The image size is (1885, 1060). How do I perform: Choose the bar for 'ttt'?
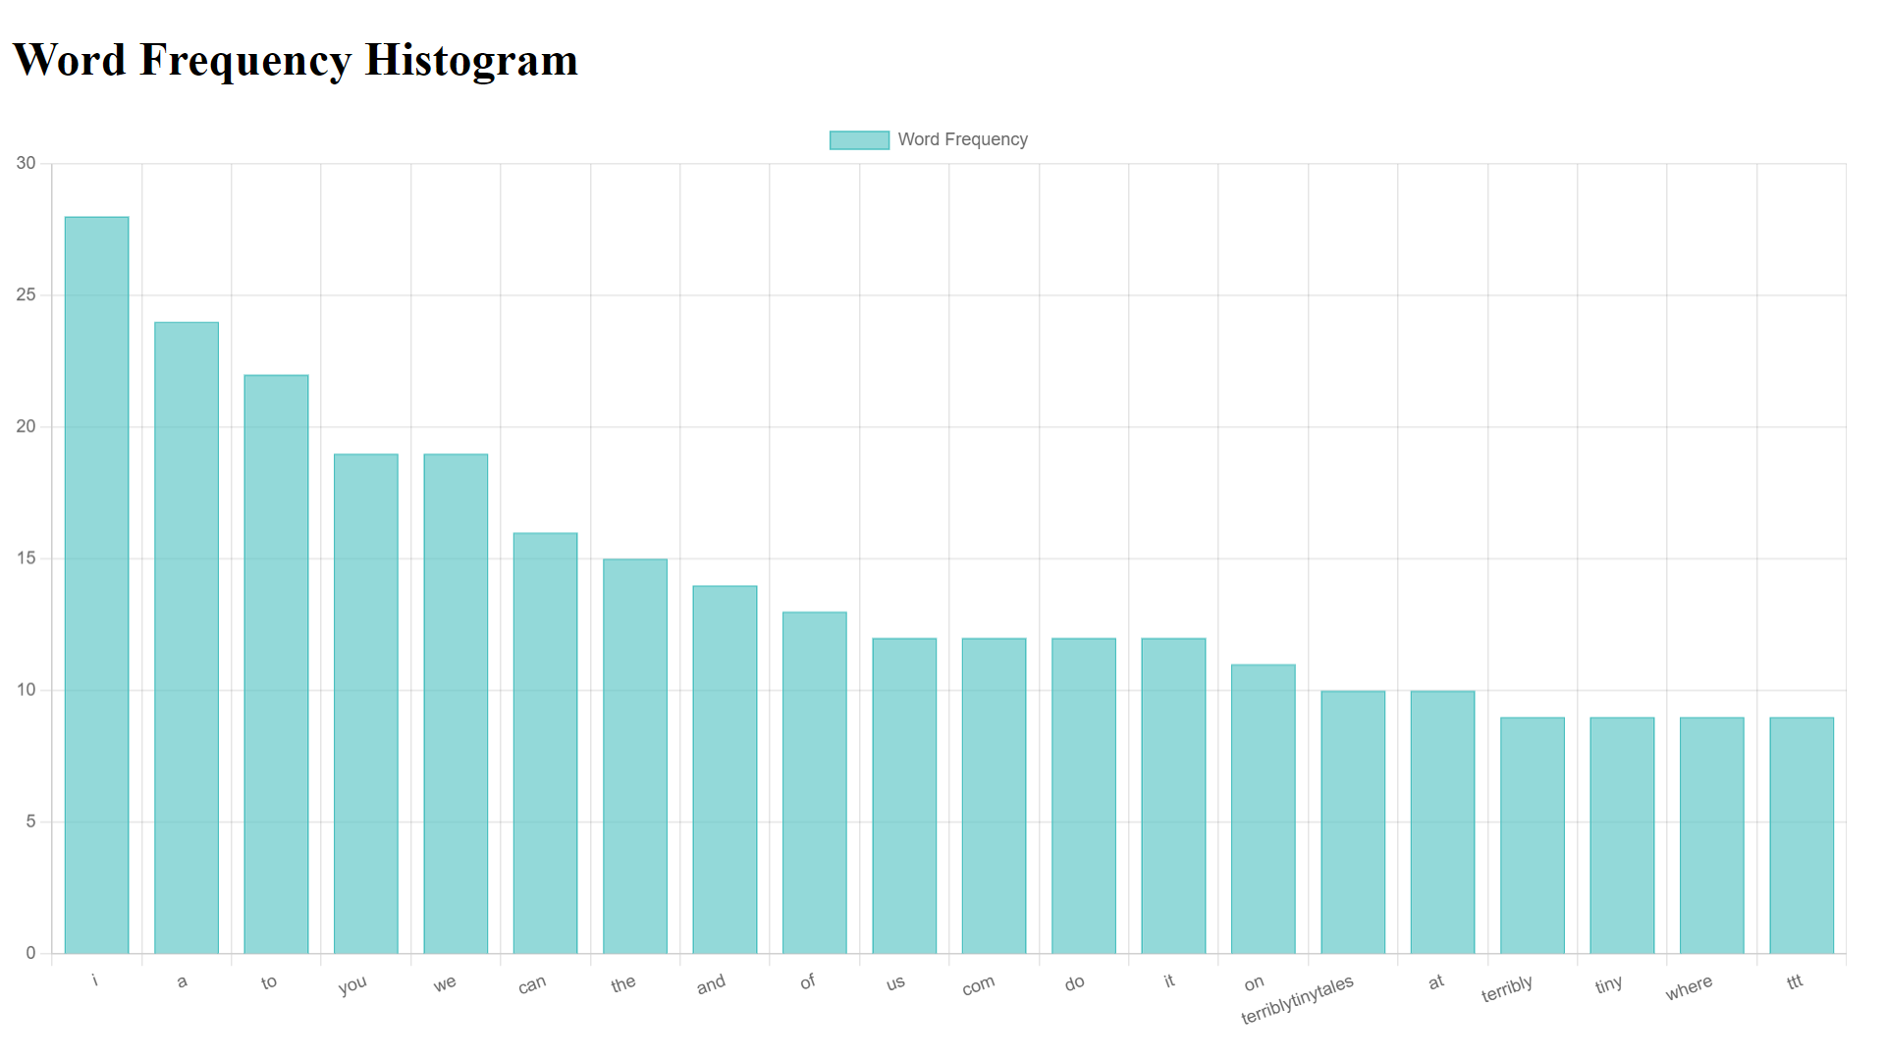1802,835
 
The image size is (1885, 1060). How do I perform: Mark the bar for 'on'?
1263,809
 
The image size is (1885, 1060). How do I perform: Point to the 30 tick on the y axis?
26,163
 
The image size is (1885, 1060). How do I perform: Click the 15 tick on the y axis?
26,558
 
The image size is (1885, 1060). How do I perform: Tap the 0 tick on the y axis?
30,953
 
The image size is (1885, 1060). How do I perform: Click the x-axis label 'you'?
352,984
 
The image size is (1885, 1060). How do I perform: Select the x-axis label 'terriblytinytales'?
1297,1000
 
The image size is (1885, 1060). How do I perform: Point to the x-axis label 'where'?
1689,987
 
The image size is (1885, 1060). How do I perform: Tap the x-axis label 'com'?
978,985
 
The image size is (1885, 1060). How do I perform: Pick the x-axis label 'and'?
711,983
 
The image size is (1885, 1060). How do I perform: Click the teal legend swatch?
859,140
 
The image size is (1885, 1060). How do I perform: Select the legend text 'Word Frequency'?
962,139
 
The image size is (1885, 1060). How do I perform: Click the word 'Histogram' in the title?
471,60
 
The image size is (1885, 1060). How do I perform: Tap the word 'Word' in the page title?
70,60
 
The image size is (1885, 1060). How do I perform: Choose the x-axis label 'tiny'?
1608,983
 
